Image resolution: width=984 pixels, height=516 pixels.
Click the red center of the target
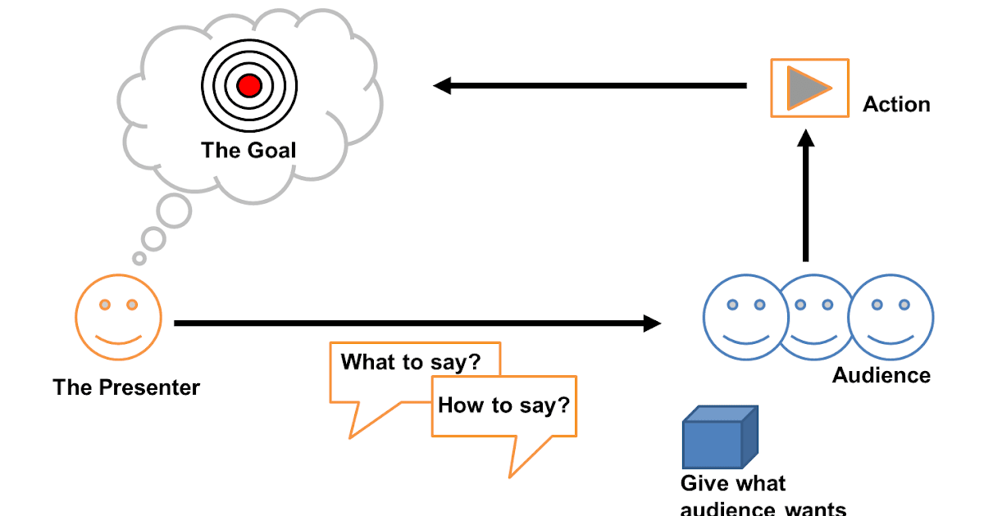[248, 85]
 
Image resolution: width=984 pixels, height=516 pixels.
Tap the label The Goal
[248, 151]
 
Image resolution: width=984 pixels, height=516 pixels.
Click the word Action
[896, 105]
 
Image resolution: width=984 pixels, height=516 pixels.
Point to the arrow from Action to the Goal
[590, 85]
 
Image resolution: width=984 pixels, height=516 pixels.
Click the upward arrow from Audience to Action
[807, 197]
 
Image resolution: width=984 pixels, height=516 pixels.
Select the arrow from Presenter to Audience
[418, 324]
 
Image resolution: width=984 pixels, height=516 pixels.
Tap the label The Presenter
[126, 387]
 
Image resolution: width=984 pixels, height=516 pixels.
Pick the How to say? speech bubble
[503, 405]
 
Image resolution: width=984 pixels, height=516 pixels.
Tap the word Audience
[881, 375]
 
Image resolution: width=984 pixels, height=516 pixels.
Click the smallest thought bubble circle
[139, 258]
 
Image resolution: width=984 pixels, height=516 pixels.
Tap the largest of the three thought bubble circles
[174, 212]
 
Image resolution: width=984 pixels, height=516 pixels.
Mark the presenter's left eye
[105, 305]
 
